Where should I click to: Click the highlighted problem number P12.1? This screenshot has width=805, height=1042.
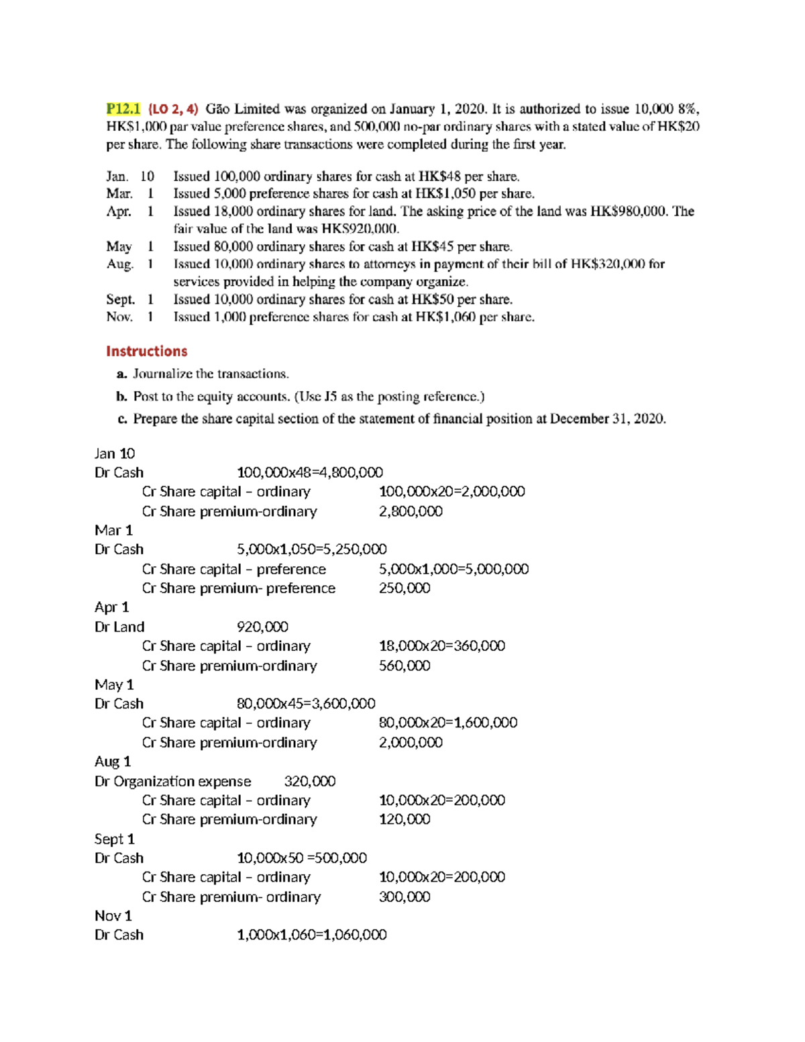[123, 109]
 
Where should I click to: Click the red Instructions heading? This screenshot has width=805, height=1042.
[146, 351]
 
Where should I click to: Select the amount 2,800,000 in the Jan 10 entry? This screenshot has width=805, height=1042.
[411, 511]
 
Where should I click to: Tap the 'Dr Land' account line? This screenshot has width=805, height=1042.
[119, 627]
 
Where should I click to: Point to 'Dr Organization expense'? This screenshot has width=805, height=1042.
[172, 781]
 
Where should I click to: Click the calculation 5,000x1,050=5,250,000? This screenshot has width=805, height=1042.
[311, 549]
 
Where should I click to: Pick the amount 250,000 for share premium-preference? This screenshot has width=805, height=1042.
[405, 588]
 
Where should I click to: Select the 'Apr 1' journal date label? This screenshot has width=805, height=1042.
[111, 607]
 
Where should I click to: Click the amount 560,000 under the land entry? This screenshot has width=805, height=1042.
[405, 666]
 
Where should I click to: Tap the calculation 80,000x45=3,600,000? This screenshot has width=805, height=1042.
[306, 703]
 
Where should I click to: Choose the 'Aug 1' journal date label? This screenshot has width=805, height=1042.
[113, 762]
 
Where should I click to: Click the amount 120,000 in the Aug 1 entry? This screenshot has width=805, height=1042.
[405, 819]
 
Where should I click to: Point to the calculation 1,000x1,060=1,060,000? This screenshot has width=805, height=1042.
[311, 935]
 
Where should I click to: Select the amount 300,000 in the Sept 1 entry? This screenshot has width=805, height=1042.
[405, 896]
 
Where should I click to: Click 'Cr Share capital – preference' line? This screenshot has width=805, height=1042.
[233, 569]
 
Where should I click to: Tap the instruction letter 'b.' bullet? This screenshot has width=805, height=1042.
[121, 397]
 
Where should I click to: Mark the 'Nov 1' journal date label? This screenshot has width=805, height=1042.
[113, 916]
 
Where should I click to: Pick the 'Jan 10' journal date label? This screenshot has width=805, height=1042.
[115, 454]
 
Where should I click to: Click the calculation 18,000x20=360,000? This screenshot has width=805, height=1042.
[441, 645]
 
